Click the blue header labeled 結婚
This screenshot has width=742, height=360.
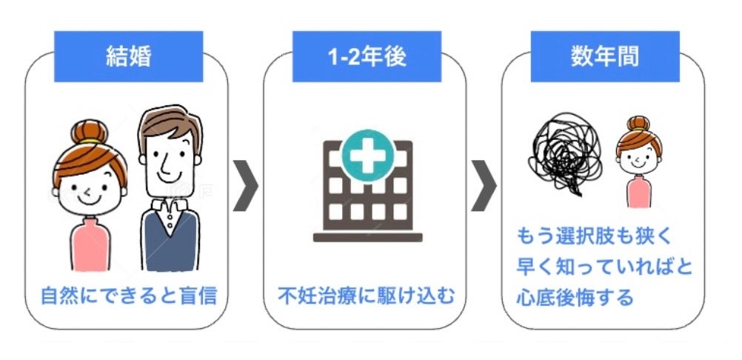tap(129, 56)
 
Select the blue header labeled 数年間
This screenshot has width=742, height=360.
tap(605, 56)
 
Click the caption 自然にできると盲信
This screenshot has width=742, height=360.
tap(129, 296)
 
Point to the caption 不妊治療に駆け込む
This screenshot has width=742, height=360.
tap(367, 296)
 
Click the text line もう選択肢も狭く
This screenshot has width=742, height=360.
tap(593, 237)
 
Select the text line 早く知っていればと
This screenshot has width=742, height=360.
tap(604, 267)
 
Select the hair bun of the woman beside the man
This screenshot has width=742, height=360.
tap(89, 134)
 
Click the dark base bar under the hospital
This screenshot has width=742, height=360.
tap(367, 238)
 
